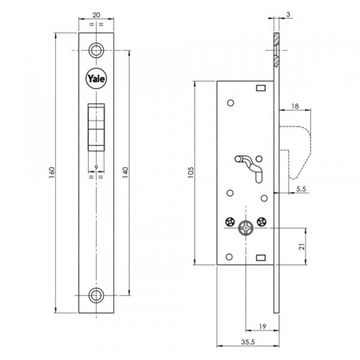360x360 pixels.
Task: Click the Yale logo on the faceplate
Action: click(96, 79)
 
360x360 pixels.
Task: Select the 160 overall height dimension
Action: click(52, 173)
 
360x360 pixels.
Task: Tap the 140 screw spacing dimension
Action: click(125, 173)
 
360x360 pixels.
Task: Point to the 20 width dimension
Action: click(96, 15)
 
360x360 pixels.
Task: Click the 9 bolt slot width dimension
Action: click(96, 167)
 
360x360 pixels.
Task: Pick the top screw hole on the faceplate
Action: click(96, 50)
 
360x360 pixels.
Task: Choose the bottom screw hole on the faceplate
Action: click(96, 295)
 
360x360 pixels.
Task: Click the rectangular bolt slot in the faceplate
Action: click(96, 127)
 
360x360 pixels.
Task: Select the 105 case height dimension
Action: click(191, 173)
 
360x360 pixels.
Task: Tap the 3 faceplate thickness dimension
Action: click(288, 14)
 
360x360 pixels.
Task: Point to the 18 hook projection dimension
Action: click(295, 106)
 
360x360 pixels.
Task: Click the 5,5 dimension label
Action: click(301, 189)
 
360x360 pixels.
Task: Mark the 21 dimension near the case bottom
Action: click(302, 247)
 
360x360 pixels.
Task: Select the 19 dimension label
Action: click(262, 326)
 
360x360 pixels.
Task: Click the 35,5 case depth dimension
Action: click(248, 342)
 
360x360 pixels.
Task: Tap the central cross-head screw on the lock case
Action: click(245, 228)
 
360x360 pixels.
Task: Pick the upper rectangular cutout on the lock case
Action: click(261, 88)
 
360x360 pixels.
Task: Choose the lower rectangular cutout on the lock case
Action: click(261, 257)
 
